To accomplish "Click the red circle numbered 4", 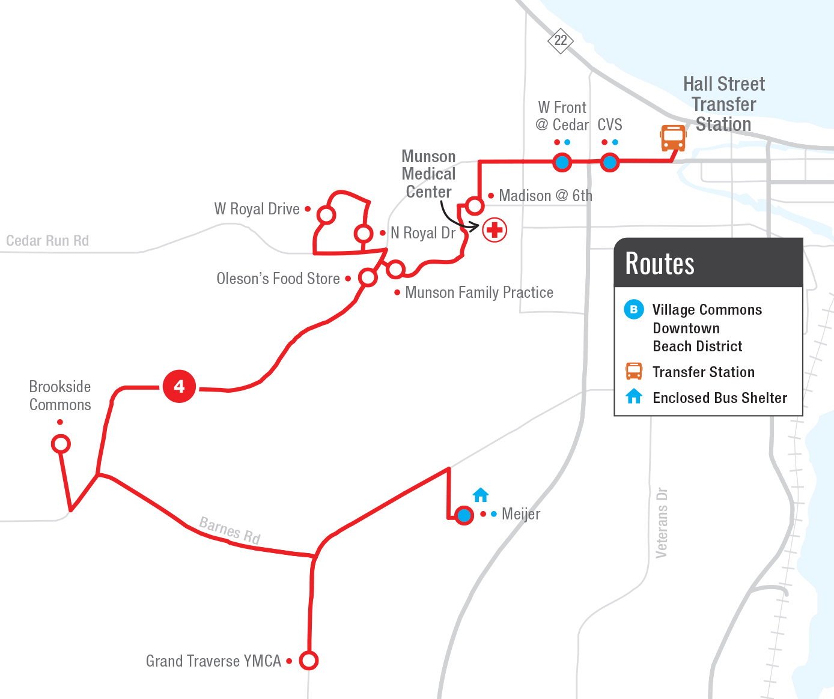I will click(x=179, y=386).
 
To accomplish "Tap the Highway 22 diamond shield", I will click(x=561, y=40).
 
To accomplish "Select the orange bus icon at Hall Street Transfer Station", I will click(x=673, y=138).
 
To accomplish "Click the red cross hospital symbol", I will click(x=495, y=229).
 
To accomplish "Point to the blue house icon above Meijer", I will click(x=481, y=495).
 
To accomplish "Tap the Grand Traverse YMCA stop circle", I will click(x=309, y=661).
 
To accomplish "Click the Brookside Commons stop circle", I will click(x=61, y=444).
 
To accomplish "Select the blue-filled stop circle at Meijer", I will click(x=464, y=515).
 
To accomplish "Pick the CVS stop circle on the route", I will click(x=610, y=162).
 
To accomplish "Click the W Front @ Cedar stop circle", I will click(x=562, y=162).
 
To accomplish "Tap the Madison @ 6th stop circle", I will click(x=475, y=206).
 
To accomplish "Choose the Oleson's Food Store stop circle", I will click(x=368, y=277).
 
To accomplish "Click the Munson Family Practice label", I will click(x=479, y=292).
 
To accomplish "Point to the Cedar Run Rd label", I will click(x=47, y=241).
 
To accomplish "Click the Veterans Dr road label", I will click(x=662, y=522).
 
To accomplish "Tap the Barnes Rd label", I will click(x=230, y=530).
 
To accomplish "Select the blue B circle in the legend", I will click(x=633, y=309).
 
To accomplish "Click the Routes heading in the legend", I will click(x=660, y=264).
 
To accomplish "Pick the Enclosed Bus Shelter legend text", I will click(x=720, y=398).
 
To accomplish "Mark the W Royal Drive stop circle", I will click(x=326, y=214).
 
